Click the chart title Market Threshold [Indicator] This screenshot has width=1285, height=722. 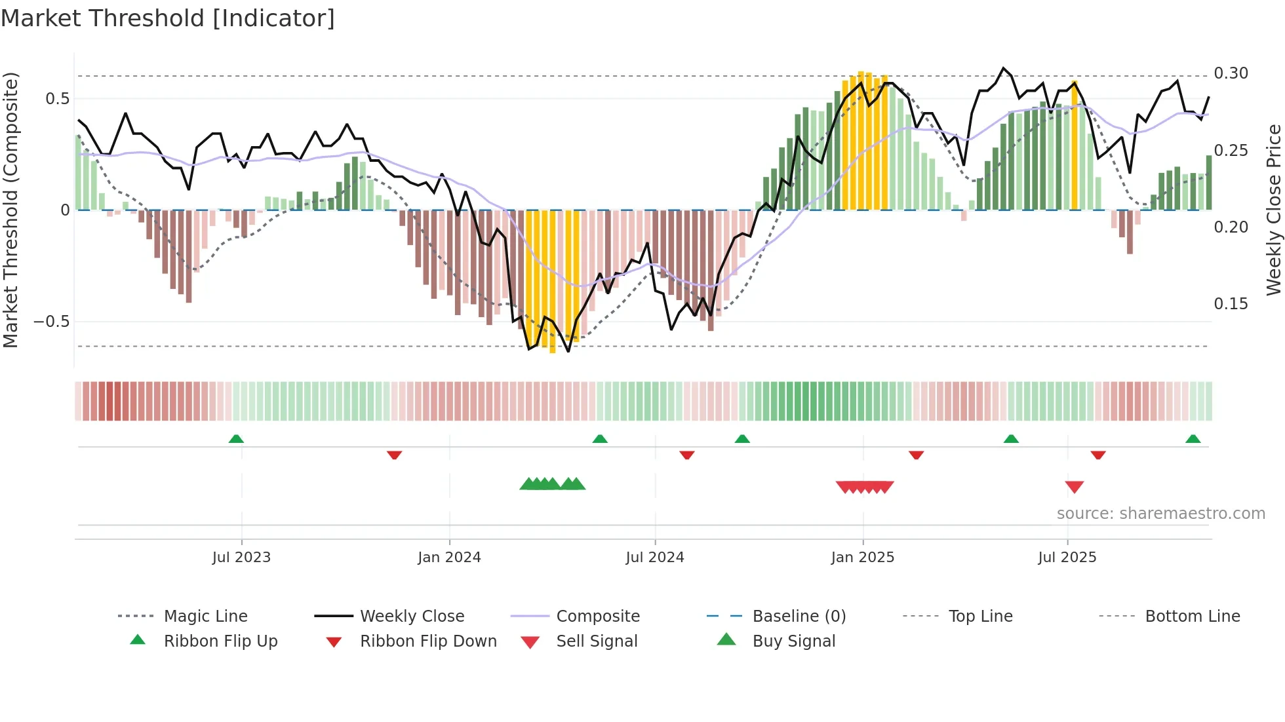click(x=168, y=18)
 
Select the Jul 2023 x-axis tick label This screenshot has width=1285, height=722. click(x=241, y=558)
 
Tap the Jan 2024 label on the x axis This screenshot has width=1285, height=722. click(x=449, y=558)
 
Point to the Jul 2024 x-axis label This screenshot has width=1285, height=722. click(x=654, y=558)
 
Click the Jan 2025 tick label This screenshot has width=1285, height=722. click(x=862, y=558)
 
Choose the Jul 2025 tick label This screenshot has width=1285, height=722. click(x=1067, y=558)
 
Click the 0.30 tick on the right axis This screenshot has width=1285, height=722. click(x=1231, y=73)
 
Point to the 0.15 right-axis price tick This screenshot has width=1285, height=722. click(x=1231, y=304)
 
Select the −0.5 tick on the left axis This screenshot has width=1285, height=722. click(x=51, y=322)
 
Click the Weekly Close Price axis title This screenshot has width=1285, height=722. click(x=1273, y=210)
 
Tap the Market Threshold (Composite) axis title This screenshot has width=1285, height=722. click(x=10, y=210)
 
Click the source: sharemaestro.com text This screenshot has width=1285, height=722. click(x=1160, y=514)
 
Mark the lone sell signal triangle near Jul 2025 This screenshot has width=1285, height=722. click(x=1074, y=487)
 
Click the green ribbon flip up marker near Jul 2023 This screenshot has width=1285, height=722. click(x=236, y=439)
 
